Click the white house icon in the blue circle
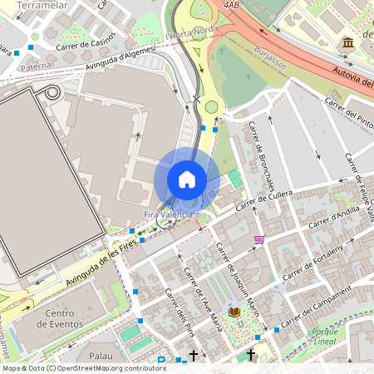pos(187,180)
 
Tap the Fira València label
pos(170,214)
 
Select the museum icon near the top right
pos(347,42)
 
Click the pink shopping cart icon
pos(259,239)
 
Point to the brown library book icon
pos(234,312)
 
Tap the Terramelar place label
pos(42,5)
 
